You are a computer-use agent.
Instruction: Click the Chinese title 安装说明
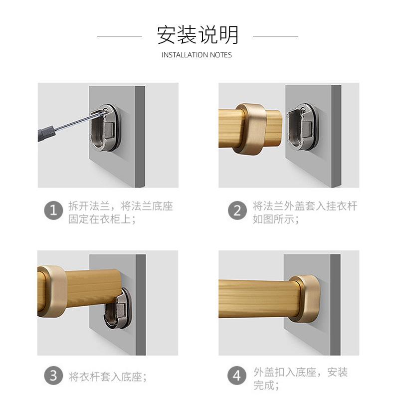(197, 35)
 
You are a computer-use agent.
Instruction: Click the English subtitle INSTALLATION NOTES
(197, 55)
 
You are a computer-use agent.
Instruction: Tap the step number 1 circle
(54, 210)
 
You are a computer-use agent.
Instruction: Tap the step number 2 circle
(237, 210)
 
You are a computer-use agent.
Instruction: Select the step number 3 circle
(54, 376)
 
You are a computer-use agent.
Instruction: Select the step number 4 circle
(237, 376)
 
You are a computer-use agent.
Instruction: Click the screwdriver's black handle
(46, 134)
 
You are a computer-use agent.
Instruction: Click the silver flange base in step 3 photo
(117, 309)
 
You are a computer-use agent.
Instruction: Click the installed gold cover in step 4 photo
(305, 297)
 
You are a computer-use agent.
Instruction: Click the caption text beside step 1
(120, 212)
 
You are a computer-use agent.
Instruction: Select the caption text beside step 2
(304, 212)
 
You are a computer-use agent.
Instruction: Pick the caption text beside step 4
(300, 378)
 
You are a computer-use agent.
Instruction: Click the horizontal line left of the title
(119, 36)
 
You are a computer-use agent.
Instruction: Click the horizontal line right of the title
(275, 36)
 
